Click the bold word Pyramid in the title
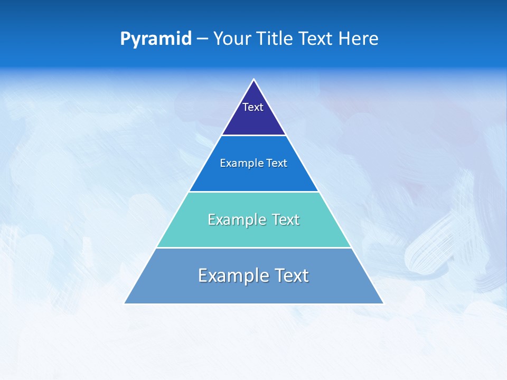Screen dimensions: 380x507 tap(156, 39)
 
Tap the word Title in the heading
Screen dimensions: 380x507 tap(276, 39)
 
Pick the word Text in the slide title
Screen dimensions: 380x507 tap(317, 39)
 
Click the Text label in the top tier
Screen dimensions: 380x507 tap(253, 107)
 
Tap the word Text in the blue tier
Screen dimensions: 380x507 tap(277, 164)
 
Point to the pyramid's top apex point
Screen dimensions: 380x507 tap(254, 80)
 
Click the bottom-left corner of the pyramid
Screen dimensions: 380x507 tap(125, 303)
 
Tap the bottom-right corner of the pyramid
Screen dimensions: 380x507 tap(383, 303)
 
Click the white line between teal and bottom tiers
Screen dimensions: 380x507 tap(254, 248)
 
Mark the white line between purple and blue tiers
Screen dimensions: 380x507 tap(254, 136)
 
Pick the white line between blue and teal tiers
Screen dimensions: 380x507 tap(254, 192)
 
